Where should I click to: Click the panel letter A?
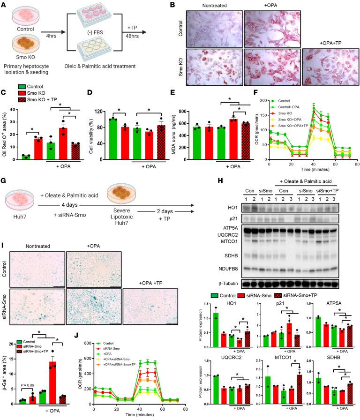(4, 4)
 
